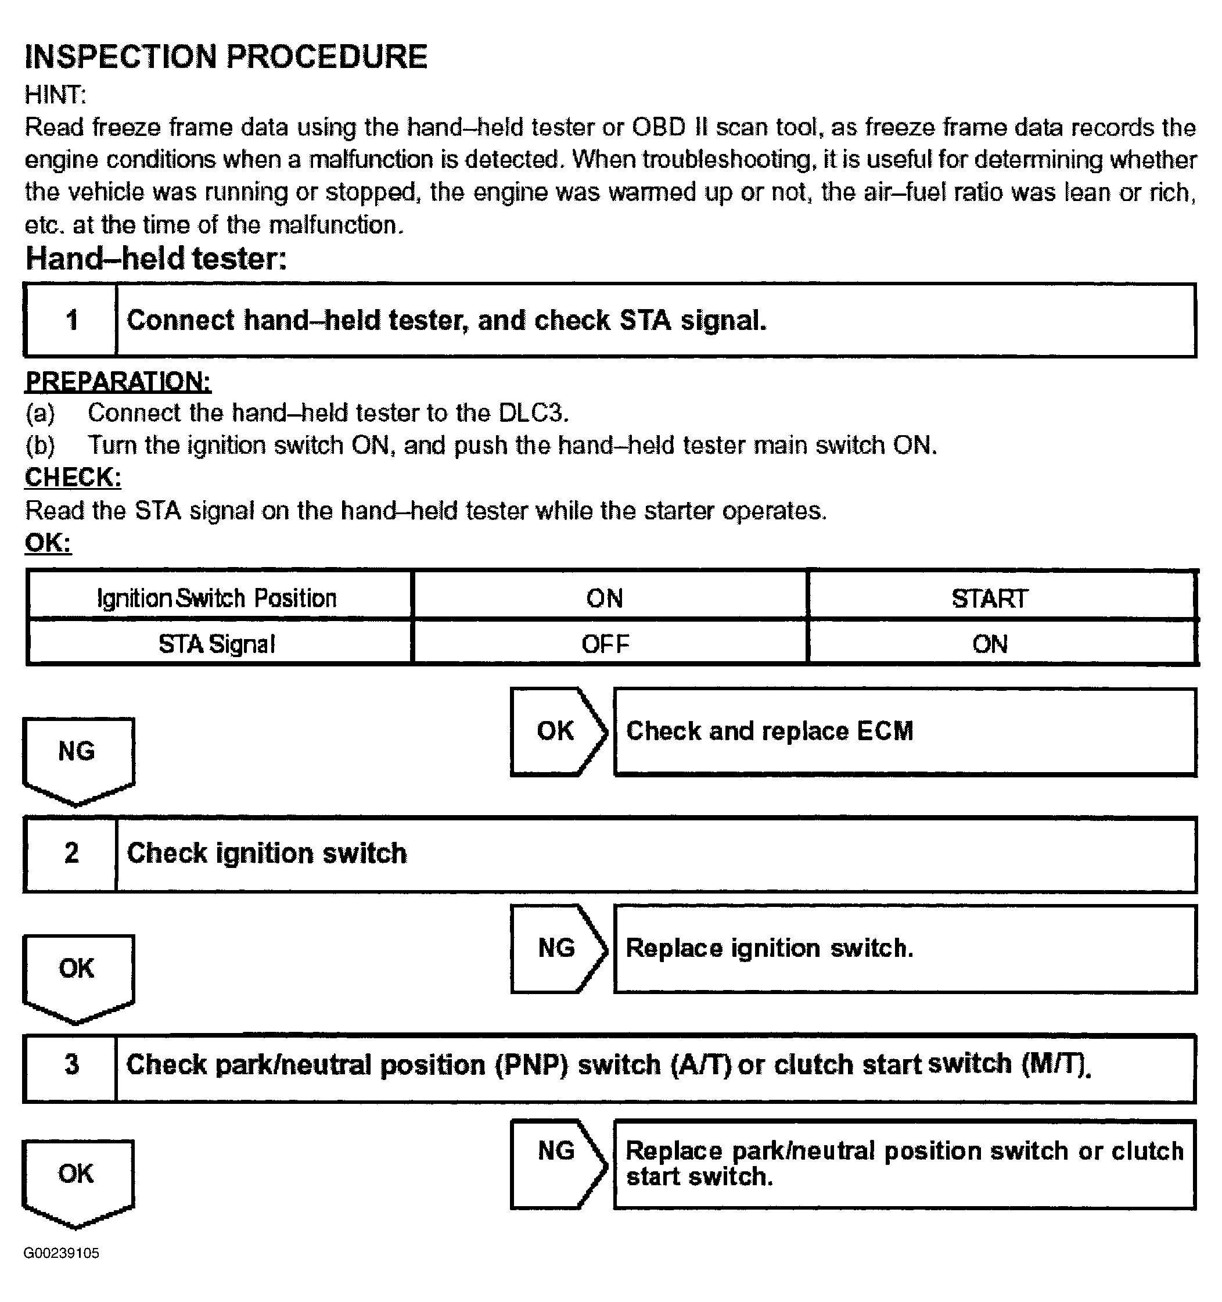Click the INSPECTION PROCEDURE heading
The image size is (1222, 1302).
[226, 56]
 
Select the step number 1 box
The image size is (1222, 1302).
[71, 320]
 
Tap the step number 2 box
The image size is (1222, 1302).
[71, 853]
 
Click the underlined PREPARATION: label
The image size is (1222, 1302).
[118, 381]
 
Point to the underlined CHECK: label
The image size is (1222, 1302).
[73, 478]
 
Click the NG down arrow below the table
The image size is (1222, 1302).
[78, 756]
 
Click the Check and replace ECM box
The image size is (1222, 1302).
[904, 731]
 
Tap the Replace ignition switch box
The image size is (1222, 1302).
[904, 948]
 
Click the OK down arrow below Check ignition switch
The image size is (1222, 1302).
[78, 974]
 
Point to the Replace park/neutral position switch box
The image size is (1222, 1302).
[904, 1163]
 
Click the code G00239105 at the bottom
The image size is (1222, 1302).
[62, 1253]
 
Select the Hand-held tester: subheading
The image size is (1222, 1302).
[156, 258]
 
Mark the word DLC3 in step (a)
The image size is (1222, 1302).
[532, 413]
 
